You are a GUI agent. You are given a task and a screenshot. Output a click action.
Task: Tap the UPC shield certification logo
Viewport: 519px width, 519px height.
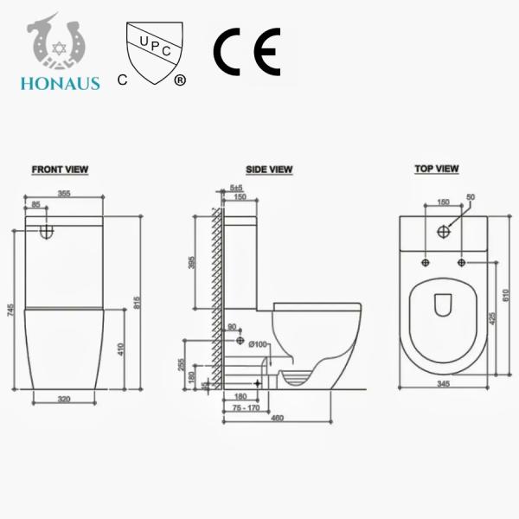coord(155,51)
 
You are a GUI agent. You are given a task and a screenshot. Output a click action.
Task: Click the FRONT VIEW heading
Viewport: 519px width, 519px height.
coord(60,170)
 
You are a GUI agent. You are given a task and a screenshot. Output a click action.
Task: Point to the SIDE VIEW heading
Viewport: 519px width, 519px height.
coord(269,170)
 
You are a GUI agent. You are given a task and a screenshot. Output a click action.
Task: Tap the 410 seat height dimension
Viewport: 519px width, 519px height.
coord(121,351)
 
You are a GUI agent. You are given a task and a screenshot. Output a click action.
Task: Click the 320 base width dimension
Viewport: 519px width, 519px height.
coord(64,400)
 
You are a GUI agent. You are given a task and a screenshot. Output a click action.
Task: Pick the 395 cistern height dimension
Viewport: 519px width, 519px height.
coord(192,263)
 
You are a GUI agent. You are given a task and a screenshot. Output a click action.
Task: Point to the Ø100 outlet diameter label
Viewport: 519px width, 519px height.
coord(257,346)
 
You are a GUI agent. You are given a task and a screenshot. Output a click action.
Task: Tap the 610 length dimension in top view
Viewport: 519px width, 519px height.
coord(505,294)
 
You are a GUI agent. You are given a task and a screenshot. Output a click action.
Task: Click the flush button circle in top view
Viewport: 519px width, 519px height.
coord(445,231)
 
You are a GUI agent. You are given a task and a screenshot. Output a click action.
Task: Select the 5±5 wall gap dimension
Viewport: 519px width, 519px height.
coord(236,188)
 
